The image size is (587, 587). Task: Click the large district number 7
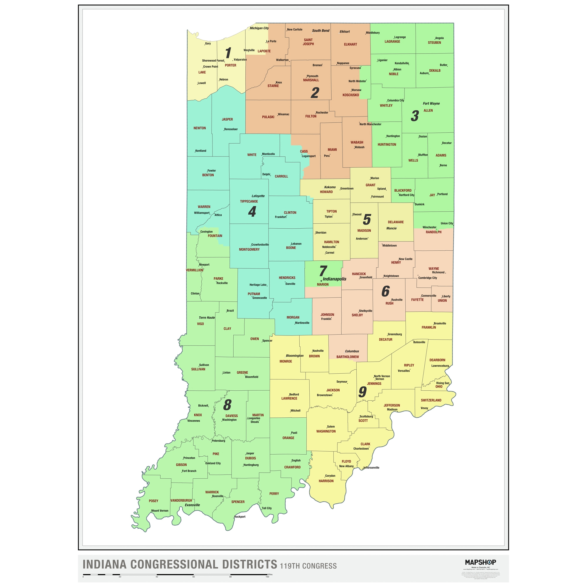[x=323, y=271]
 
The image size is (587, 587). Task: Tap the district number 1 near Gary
[x=228, y=53]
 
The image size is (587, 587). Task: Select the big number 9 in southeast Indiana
[x=362, y=392]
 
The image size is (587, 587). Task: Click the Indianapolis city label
[x=334, y=279]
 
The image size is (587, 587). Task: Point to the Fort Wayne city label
[x=431, y=104]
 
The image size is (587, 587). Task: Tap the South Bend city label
[x=321, y=31]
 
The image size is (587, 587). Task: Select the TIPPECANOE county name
[x=249, y=201]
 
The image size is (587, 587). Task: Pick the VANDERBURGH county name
[x=181, y=500]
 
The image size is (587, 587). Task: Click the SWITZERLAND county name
[x=431, y=400]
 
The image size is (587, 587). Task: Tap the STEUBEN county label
[x=434, y=43]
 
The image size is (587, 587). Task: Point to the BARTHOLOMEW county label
[x=348, y=357]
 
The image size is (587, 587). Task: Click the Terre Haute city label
[x=207, y=318]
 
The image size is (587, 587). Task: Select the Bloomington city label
[x=294, y=355]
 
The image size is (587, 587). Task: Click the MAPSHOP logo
[x=480, y=562]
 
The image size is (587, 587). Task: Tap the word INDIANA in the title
[x=104, y=564]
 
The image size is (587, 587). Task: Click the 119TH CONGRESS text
[x=308, y=566]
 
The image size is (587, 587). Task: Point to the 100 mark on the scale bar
[x=267, y=577]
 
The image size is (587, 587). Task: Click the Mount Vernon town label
[x=159, y=511]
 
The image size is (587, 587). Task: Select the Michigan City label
[x=259, y=28]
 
